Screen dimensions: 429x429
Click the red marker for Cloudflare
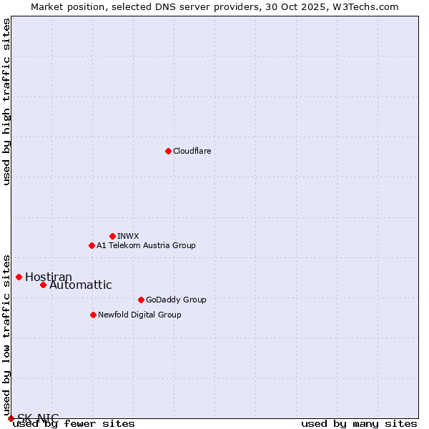(168, 151)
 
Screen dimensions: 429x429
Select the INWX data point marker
(112, 236)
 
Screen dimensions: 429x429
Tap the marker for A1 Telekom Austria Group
(92, 245)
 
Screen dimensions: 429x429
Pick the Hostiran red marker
(19, 277)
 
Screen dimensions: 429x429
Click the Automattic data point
(43, 285)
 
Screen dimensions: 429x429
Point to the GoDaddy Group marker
(141, 300)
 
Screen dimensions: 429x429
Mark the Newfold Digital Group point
(93, 315)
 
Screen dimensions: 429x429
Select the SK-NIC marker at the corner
(11, 418)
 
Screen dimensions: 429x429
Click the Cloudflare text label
(192, 151)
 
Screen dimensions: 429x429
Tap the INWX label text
(128, 236)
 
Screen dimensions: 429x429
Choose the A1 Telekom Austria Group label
(146, 245)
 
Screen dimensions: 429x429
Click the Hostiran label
(49, 277)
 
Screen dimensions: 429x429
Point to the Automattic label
(80, 285)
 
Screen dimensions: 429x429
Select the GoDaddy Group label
(176, 300)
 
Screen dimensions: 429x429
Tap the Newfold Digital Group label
(139, 315)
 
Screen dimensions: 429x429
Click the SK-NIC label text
(38, 418)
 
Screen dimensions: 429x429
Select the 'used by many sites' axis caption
(359, 424)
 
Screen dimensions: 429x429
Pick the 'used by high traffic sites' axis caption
(7, 102)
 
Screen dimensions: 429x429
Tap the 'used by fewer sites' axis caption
(74, 424)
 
